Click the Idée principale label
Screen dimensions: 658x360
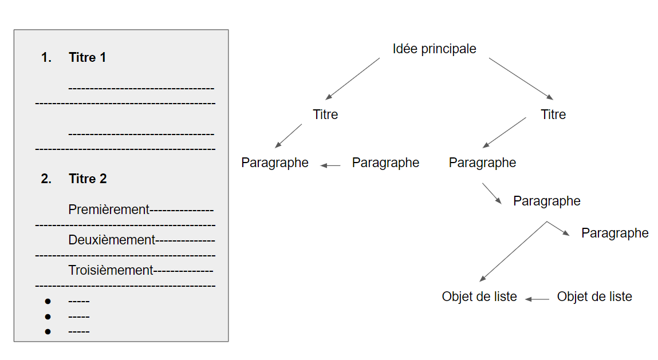pos(434,49)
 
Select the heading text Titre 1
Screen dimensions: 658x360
pos(87,57)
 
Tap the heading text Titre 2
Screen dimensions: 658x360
pos(88,179)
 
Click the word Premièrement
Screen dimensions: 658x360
pos(109,209)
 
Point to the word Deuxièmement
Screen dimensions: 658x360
pos(112,240)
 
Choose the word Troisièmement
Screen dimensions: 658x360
pos(111,270)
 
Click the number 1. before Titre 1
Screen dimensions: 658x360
pos(46,57)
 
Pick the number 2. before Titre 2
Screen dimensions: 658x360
pos(46,179)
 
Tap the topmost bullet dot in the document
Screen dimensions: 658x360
pos(48,301)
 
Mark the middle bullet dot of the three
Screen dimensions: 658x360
pos(48,317)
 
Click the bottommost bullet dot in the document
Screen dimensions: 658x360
pos(48,331)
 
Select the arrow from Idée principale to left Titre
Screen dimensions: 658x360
pos(353,79)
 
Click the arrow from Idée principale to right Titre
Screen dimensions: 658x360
pos(521,79)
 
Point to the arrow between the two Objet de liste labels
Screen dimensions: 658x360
pos(537,299)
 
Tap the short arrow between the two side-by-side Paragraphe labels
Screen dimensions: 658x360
pos(330,166)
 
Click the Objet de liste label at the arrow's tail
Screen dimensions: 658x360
pos(594,296)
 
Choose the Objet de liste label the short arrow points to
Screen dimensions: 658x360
pos(479,296)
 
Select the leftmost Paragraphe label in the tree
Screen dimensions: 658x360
pos(275,163)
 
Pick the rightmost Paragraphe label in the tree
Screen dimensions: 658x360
pos(615,234)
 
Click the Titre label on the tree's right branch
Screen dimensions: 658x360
pos(553,114)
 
